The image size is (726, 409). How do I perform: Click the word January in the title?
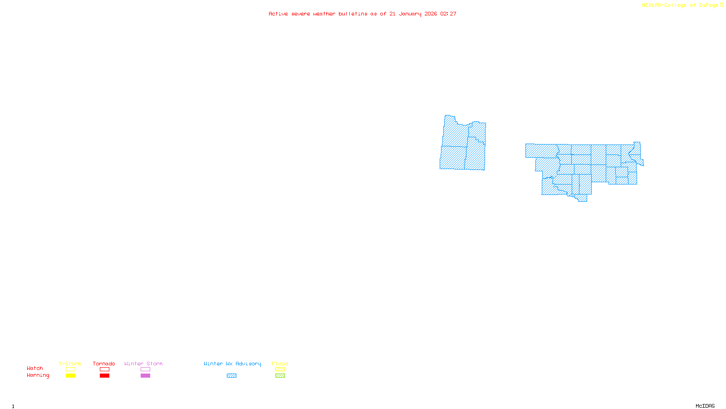[410, 14]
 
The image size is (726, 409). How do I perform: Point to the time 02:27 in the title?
[448, 14]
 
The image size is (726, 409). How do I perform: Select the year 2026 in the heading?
[431, 14]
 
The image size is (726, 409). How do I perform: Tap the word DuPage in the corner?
[708, 5]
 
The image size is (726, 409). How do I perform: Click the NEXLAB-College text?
[664, 5]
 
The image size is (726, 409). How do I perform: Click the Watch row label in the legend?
[35, 369]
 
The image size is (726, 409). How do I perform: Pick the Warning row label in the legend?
[38, 375]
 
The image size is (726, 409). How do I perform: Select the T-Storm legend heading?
[70, 364]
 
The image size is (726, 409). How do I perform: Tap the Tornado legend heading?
[104, 364]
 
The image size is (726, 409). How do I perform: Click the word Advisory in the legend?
[248, 364]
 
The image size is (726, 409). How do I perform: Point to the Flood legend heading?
[280, 364]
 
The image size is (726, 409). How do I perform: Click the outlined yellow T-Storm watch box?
[70, 369]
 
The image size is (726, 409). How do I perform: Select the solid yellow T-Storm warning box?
[70, 376]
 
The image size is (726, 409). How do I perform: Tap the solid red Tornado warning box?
[105, 376]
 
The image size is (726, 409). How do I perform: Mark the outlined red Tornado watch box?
[105, 369]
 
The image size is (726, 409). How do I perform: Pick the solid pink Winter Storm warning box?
[145, 376]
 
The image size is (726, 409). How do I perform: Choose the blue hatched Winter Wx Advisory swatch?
[231, 376]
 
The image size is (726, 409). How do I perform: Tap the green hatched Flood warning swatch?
[280, 376]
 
